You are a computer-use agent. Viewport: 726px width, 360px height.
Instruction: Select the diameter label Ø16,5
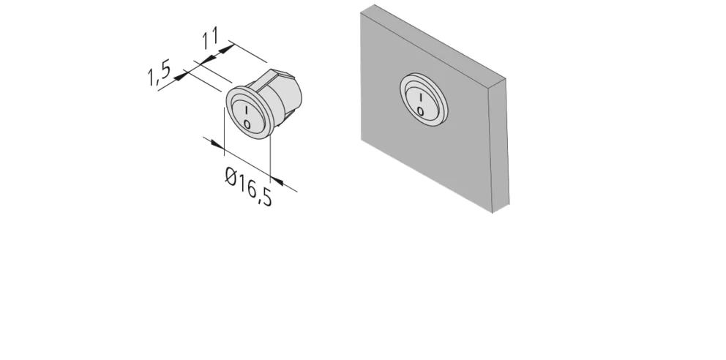249,187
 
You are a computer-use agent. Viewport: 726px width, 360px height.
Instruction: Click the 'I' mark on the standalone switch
247,111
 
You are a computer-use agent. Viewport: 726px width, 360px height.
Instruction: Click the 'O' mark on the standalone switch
247,124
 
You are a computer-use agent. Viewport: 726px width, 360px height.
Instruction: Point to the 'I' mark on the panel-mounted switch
420,98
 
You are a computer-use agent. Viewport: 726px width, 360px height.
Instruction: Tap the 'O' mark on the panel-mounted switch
420,111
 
